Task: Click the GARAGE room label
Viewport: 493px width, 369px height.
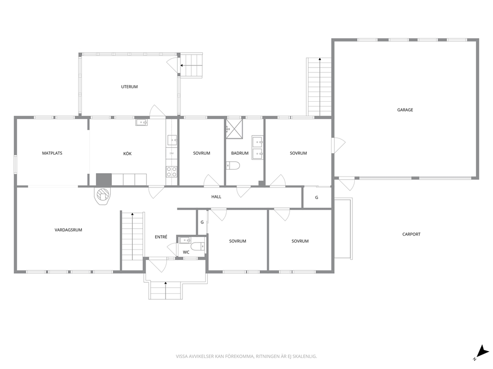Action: tap(405, 110)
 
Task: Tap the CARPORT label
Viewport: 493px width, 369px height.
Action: tap(411, 234)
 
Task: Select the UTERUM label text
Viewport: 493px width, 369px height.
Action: tap(129, 87)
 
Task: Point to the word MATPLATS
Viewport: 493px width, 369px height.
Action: tap(52, 153)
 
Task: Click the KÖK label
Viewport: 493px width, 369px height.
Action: tap(127, 153)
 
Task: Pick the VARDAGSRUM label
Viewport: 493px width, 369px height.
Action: tap(68, 230)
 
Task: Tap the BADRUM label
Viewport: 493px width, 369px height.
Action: tap(240, 153)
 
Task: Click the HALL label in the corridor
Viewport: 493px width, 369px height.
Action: tap(216, 197)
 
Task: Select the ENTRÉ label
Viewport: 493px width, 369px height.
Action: tap(161, 237)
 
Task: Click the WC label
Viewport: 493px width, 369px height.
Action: tap(186, 252)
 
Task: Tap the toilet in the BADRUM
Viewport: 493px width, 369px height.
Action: tap(233, 165)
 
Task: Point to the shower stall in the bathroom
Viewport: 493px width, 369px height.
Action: tap(234, 128)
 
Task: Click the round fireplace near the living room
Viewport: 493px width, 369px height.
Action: tap(102, 196)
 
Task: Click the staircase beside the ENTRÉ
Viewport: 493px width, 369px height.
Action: tap(132, 236)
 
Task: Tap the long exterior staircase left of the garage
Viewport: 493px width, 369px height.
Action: tap(320, 87)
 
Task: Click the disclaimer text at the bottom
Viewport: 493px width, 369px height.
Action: tap(246, 356)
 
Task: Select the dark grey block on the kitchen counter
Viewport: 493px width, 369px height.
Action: tap(104, 180)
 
